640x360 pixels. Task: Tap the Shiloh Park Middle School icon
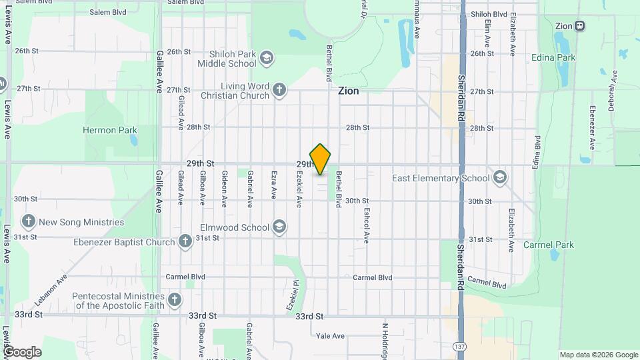click(267, 58)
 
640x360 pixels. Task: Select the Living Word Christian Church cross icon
click(279, 90)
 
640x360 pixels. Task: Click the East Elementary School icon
click(499, 178)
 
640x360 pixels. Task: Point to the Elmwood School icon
click(279, 227)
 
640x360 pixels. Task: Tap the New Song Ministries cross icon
click(28, 222)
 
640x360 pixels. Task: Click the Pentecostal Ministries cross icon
click(175, 300)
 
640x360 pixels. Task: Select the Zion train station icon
click(580, 26)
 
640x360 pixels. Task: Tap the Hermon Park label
click(109, 131)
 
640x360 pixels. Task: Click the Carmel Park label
click(549, 245)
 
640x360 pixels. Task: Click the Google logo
click(21, 352)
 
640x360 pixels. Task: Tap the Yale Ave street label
click(330, 336)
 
